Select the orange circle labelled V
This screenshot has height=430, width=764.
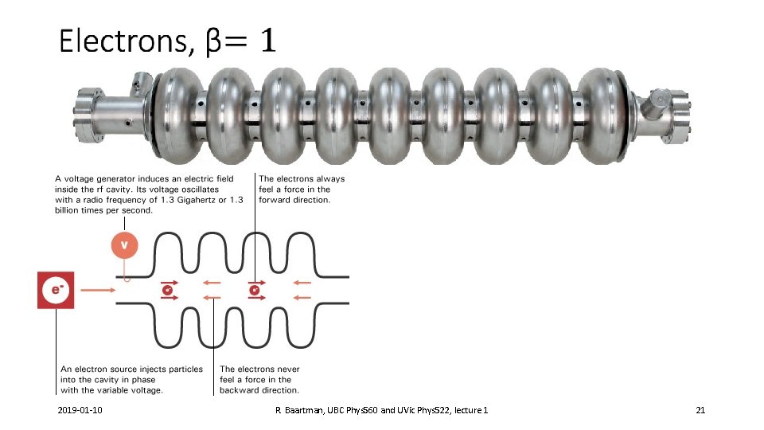pyautogui.click(x=123, y=244)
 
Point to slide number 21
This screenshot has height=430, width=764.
pyautogui.click(x=700, y=409)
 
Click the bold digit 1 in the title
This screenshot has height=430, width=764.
pyautogui.click(x=265, y=40)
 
